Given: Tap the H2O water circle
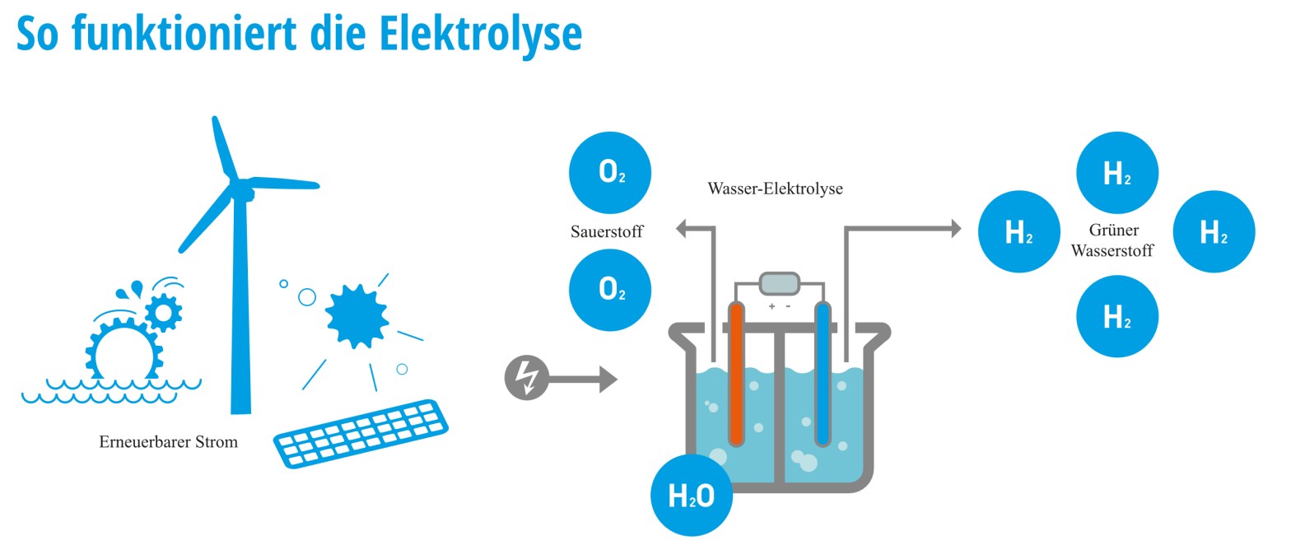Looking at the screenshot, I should (692, 496).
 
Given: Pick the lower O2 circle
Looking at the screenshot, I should (610, 290).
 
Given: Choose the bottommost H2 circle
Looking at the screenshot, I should (1117, 317).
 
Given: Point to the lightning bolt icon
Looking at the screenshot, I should (525, 380).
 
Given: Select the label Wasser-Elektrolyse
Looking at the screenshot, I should (775, 189).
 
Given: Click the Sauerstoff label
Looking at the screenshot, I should (607, 232).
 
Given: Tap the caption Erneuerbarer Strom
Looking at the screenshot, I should (168, 442).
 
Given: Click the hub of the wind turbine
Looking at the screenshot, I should (242, 190).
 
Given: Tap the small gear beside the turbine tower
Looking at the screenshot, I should (163, 312).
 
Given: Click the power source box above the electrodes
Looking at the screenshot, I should (779, 284).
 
